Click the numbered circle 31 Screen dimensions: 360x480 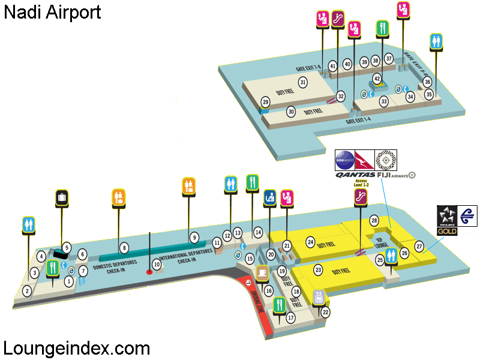[304, 82]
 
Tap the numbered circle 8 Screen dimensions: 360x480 [124, 247]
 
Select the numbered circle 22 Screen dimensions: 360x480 [325, 311]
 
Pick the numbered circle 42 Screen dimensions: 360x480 [377, 79]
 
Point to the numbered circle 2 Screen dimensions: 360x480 [27, 292]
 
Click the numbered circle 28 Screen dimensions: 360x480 [374, 220]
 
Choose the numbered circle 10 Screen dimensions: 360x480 [157, 263]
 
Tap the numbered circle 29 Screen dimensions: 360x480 [265, 103]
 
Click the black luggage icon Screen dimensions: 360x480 [62, 197]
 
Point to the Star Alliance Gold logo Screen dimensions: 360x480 [447, 220]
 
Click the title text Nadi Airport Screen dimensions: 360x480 [53, 12]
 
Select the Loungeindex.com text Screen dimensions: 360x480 [77, 347]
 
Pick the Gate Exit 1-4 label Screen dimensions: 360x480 [358, 121]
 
